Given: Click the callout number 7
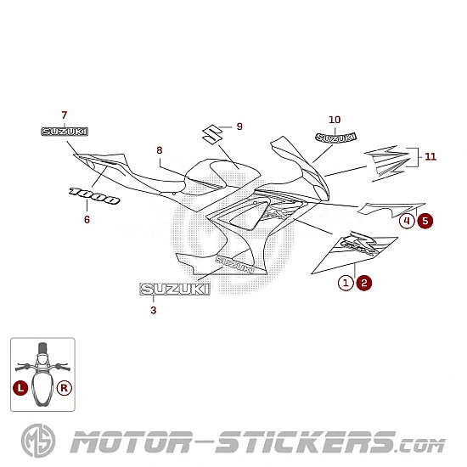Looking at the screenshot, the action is click(65, 115).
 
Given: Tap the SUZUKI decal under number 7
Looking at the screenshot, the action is click(65, 132).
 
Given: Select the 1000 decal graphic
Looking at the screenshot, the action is click(94, 195).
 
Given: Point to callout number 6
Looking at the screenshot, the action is click(87, 220).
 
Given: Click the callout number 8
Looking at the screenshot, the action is click(160, 150).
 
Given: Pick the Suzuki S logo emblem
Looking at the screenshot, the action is click(212, 134).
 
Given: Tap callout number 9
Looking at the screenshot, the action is click(239, 127).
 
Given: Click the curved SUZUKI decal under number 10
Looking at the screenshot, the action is click(335, 138).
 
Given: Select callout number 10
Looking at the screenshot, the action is click(335, 120).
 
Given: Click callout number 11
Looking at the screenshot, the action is click(430, 157).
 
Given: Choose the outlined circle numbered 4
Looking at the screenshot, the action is click(407, 221).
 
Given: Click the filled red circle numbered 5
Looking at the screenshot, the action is click(425, 221).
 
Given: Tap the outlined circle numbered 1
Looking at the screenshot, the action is click(346, 283).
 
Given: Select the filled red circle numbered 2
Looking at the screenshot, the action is click(364, 283).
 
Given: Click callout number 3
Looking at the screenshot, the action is click(154, 310).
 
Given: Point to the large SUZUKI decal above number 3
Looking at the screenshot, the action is click(175, 290).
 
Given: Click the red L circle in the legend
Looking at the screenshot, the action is click(20, 388).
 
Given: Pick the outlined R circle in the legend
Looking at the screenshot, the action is click(64, 388).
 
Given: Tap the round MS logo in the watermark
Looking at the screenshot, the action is click(38, 441).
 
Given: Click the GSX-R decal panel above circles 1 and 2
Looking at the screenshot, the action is click(354, 252).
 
